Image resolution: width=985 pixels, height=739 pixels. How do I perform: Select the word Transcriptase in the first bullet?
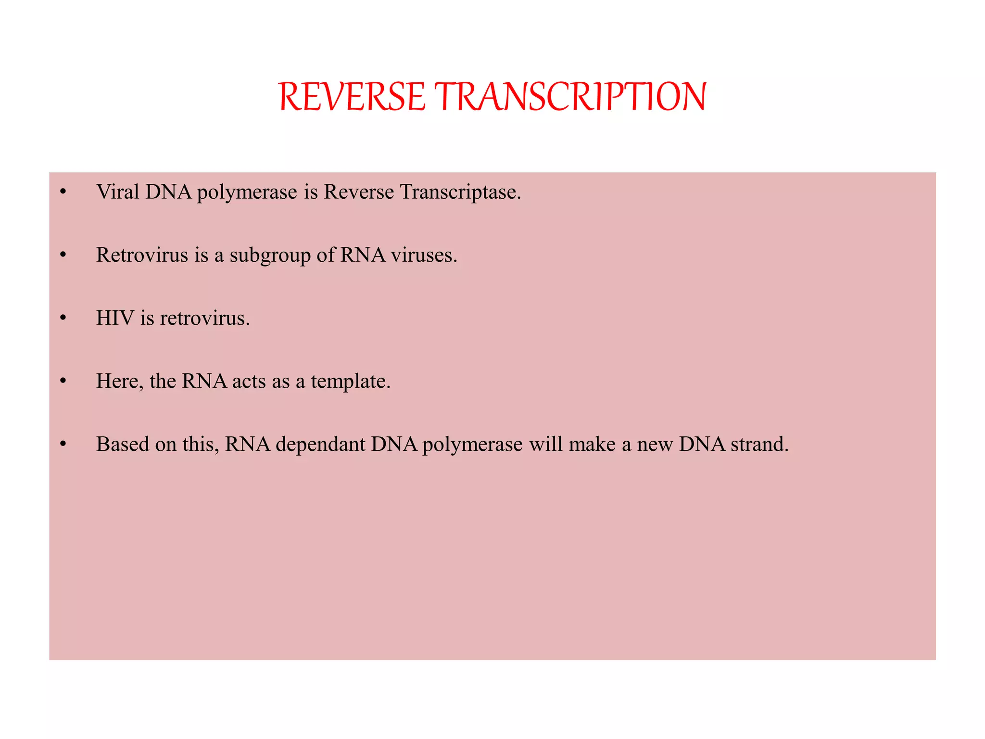tap(460, 192)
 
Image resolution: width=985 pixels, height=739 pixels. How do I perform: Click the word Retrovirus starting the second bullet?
tap(142, 255)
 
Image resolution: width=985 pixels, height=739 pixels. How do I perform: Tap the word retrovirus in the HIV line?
tap(204, 319)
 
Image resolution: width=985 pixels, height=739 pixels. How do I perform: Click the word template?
tap(350, 382)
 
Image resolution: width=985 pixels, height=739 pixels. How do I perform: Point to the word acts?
tap(249, 382)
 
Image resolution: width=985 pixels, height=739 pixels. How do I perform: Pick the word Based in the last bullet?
tap(123, 445)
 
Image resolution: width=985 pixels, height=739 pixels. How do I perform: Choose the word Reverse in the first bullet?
tap(359, 192)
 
